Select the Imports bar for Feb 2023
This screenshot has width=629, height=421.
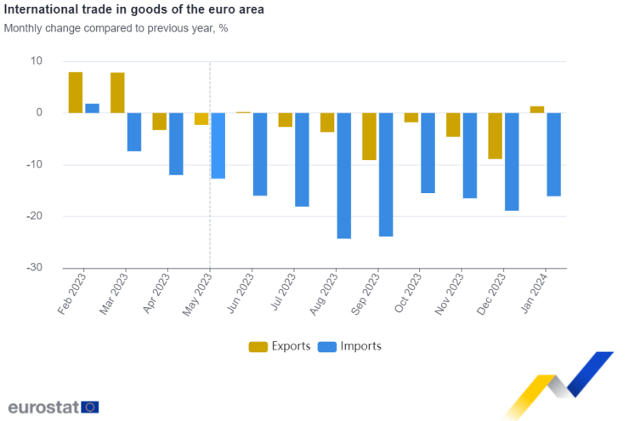[x=92, y=108]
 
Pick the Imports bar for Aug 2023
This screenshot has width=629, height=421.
[x=343, y=175]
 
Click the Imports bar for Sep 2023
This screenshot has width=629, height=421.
[x=386, y=174]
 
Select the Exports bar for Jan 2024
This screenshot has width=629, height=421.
[x=536, y=109]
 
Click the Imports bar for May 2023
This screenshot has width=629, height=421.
[x=218, y=145]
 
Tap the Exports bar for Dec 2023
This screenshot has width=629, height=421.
[x=495, y=136]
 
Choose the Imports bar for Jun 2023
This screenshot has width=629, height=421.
[x=260, y=154]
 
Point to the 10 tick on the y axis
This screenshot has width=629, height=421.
[x=36, y=61]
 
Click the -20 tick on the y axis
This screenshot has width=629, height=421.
[x=34, y=216]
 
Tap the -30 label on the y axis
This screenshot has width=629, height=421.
[x=34, y=267]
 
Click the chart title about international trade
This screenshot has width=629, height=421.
[x=133, y=10]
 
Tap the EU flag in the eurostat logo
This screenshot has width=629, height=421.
[x=90, y=407]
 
